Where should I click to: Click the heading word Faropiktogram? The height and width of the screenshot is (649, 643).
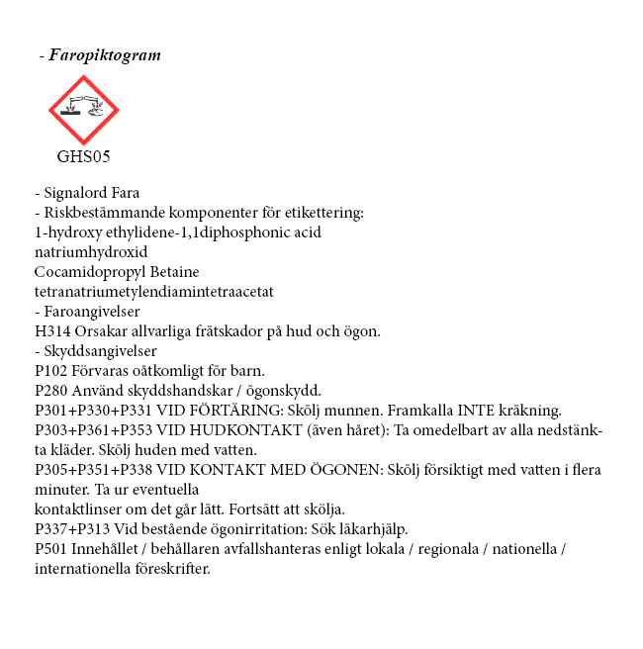(x=105, y=55)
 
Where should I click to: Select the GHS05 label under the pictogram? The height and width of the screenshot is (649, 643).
(x=83, y=155)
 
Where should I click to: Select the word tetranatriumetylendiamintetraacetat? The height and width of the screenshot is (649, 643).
(x=153, y=291)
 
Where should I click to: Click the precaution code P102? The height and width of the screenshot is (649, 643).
(x=52, y=370)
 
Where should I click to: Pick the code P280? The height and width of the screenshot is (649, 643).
(x=52, y=390)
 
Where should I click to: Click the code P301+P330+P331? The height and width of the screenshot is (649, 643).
(x=91, y=410)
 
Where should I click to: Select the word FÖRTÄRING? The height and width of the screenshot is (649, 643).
(x=224, y=410)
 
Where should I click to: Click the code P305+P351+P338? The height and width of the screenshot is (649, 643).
(x=91, y=470)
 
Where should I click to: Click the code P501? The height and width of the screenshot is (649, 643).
(x=52, y=548)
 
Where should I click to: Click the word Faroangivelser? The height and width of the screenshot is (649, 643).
(x=92, y=311)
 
